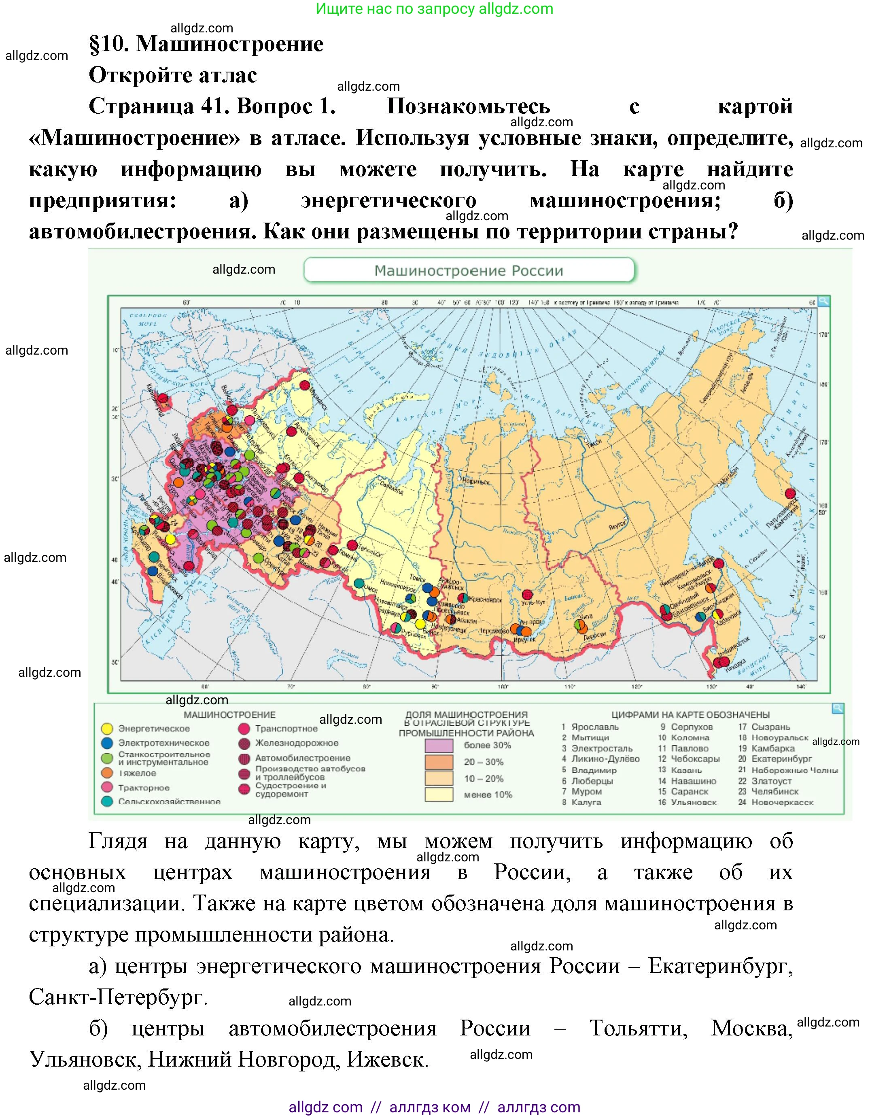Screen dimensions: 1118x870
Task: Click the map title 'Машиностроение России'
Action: (x=469, y=271)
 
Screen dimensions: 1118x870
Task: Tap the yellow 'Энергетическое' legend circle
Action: (x=107, y=729)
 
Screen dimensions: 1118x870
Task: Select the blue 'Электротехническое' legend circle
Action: (x=107, y=743)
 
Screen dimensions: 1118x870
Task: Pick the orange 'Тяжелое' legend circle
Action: (x=107, y=773)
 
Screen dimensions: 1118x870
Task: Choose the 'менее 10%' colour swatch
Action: (x=439, y=795)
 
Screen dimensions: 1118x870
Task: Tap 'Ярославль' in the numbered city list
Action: (x=595, y=727)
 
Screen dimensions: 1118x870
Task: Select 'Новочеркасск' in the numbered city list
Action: (x=782, y=802)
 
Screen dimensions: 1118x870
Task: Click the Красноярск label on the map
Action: (x=485, y=599)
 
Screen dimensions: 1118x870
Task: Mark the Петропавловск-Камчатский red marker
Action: (x=790, y=493)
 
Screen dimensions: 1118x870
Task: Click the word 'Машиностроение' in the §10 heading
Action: (x=230, y=44)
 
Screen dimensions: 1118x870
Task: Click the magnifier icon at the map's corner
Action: (x=823, y=302)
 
